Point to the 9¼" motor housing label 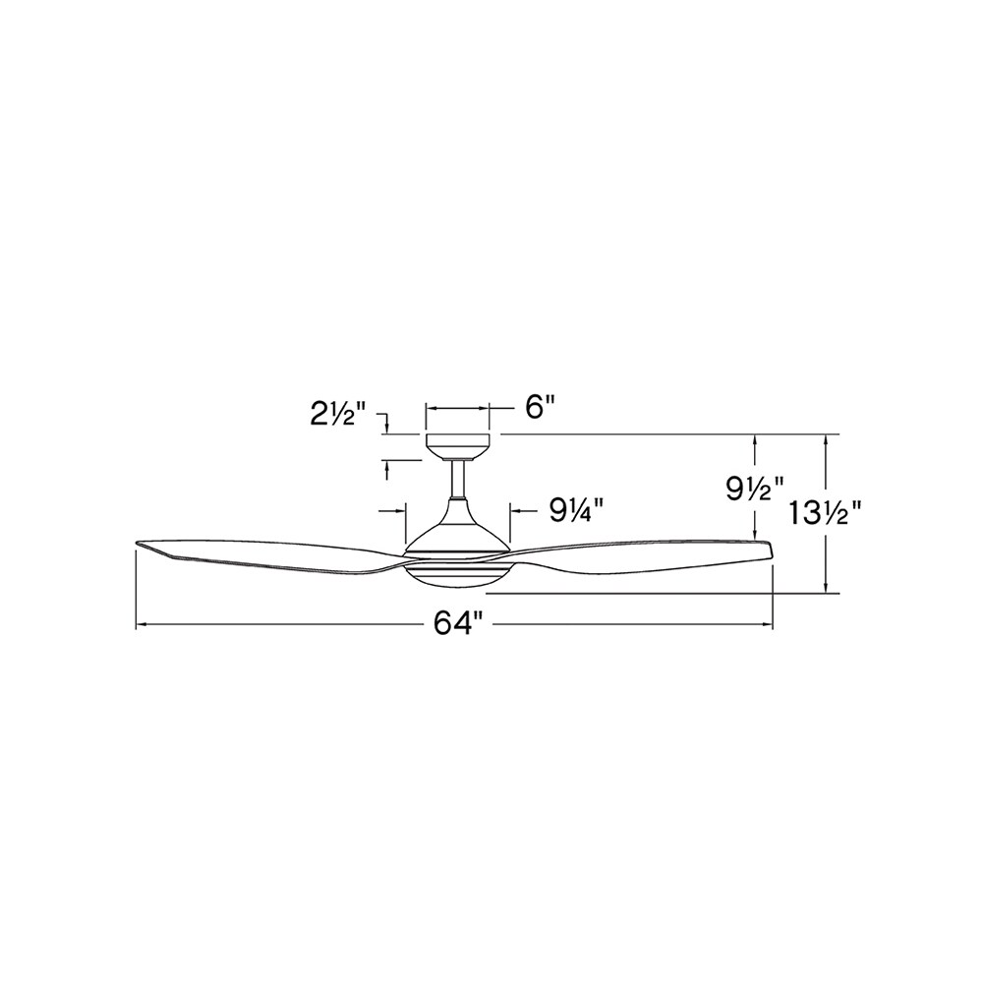coord(575,509)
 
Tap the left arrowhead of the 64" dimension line coord(141,624)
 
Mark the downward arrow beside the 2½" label coord(389,426)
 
